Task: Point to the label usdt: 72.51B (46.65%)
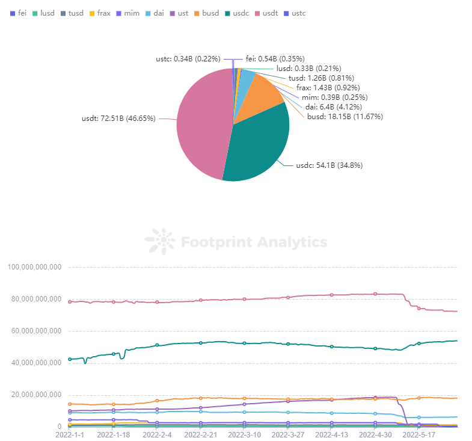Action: (x=118, y=119)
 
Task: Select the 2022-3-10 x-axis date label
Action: (x=245, y=434)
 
